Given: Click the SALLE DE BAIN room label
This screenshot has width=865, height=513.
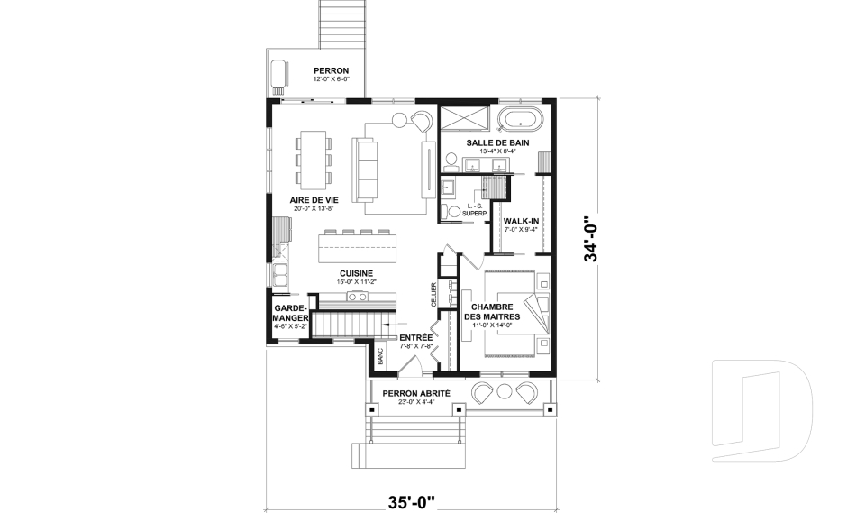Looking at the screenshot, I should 497,143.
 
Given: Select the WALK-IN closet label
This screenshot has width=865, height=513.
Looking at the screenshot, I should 521,220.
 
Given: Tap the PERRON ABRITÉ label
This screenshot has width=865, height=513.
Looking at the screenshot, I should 416,394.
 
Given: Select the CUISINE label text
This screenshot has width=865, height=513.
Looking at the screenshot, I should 357,273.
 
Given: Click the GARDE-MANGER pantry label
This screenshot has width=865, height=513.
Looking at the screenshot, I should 292,313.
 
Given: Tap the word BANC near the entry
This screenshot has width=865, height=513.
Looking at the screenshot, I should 380,356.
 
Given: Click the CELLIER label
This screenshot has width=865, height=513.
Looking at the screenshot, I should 433,295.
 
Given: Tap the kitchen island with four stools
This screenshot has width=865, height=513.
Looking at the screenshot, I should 360,246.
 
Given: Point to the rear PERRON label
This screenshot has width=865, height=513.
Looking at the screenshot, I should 331,71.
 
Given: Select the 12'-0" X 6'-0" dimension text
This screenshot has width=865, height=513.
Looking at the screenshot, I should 331,80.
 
